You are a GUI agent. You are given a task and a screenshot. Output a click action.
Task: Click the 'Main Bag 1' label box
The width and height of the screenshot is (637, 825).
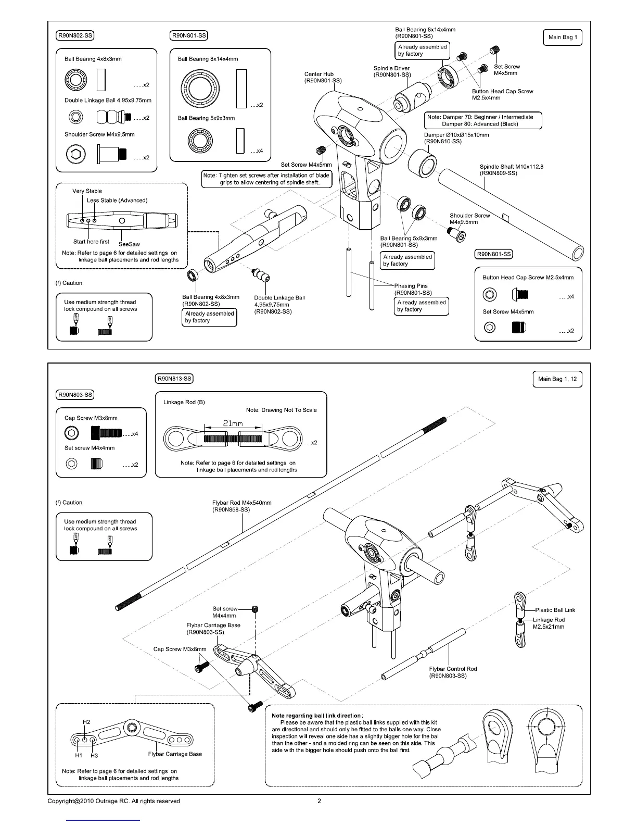coord(562,37)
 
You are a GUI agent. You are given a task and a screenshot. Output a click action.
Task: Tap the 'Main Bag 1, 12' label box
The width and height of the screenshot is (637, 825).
coord(557,379)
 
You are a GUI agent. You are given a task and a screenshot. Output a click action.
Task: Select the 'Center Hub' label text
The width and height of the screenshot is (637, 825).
coord(319,74)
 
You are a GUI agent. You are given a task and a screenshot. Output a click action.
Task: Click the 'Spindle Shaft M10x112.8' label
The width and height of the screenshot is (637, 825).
coord(504,167)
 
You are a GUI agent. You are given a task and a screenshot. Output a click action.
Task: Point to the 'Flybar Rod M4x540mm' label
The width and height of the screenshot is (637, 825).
coord(241,503)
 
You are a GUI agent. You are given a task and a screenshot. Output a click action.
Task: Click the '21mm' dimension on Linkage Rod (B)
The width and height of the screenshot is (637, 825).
coord(233,423)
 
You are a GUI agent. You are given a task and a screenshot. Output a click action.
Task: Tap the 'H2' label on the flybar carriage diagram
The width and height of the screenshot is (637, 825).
coord(86,722)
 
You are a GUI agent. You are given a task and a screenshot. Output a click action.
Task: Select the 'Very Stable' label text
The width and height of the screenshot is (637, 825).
coord(87,191)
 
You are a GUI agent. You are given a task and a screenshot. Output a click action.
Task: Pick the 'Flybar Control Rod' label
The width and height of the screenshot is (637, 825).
coord(452,669)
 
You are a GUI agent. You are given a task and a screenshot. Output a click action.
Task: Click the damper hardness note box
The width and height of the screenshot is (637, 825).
coord(483,120)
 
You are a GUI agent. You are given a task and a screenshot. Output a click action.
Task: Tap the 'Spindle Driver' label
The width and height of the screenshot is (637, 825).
coord(391,68)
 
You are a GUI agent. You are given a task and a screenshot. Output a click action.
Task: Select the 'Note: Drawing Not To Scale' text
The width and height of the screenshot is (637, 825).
coord(281,410)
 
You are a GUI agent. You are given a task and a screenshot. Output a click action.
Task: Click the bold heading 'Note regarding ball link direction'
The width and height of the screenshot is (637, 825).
coord(317,716)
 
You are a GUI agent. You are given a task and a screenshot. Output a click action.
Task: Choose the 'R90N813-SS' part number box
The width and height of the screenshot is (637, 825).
coord(174,379)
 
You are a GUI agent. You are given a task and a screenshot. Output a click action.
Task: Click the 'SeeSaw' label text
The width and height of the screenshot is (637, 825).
coord(129,244)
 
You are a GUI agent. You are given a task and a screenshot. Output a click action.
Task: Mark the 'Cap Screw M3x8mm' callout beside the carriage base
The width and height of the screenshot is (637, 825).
coord(180,649)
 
